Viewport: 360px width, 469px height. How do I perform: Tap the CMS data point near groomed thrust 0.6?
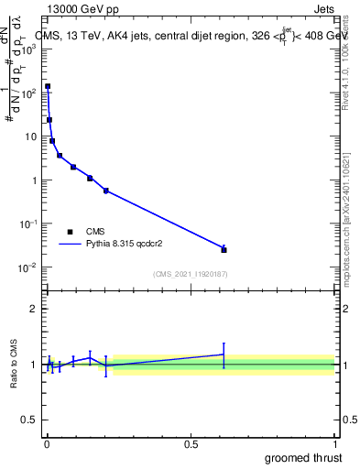point(224,249)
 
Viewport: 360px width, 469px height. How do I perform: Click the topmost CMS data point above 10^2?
point(48,86)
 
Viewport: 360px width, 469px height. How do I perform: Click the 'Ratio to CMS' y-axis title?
point(16,364)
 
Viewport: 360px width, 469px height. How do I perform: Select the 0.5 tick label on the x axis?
point(191,443)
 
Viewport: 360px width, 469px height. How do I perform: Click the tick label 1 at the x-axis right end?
point(334,443)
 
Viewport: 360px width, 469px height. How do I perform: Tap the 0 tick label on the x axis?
point(47,443)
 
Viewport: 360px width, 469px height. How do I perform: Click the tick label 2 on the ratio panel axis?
point(35,309)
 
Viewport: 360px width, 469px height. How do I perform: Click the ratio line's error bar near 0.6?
point(224,354)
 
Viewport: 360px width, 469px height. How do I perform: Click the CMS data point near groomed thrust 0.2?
point(106,191)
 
